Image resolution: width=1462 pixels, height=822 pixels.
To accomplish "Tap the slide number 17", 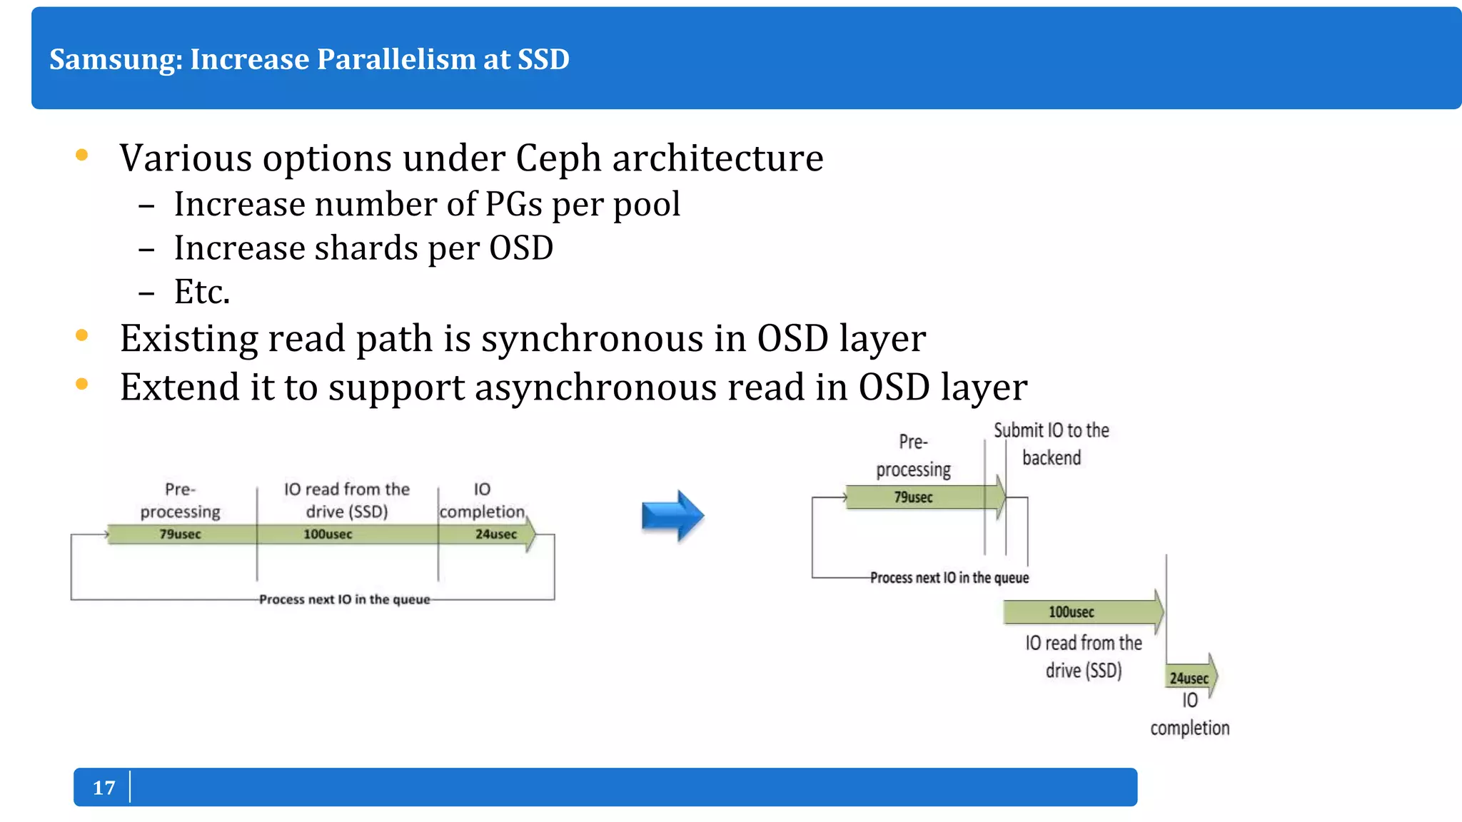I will click(104, 788).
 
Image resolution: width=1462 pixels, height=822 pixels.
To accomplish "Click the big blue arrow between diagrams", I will click(672, 516).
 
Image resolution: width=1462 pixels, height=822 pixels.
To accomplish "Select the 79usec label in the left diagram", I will click(180, 534).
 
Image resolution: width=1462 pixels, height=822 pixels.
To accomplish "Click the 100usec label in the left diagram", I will click(328, 534).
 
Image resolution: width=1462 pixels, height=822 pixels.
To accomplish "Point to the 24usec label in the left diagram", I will click(496, 534).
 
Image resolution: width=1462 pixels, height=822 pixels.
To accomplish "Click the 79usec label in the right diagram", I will click(913, 497).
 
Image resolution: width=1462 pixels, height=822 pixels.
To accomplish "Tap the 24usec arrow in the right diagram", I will click(1189, 678).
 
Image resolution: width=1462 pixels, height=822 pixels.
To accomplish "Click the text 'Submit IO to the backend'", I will click(1052, 444).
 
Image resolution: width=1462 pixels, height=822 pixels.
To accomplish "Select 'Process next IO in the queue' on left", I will click(345, 599).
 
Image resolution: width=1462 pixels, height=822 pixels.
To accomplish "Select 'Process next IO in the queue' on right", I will click(949, 578).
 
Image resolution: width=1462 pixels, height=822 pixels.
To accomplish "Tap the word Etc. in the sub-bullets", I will click(202, 292).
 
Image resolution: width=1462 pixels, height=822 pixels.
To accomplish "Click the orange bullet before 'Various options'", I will click(81, 155).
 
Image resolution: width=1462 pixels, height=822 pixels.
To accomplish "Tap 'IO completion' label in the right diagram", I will click(1189, 714).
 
